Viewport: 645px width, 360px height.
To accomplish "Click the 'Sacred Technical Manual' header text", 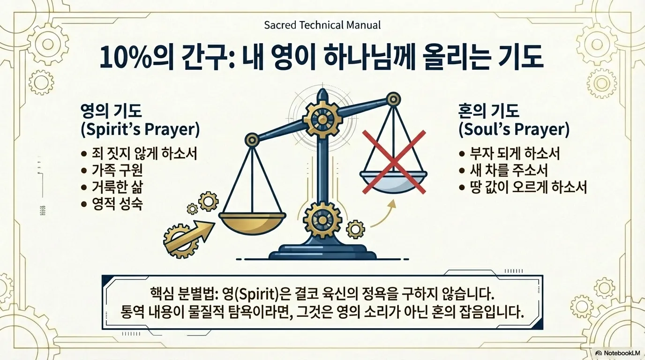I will click(322, 25).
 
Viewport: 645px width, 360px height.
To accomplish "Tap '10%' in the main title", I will click(123, 58).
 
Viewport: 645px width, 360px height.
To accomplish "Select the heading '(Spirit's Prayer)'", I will click(140, 130).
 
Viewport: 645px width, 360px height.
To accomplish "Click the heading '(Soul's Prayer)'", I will click(514, 129).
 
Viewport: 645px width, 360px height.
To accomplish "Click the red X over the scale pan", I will click(394, 162).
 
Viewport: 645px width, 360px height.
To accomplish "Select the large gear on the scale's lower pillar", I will click(322, 218).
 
